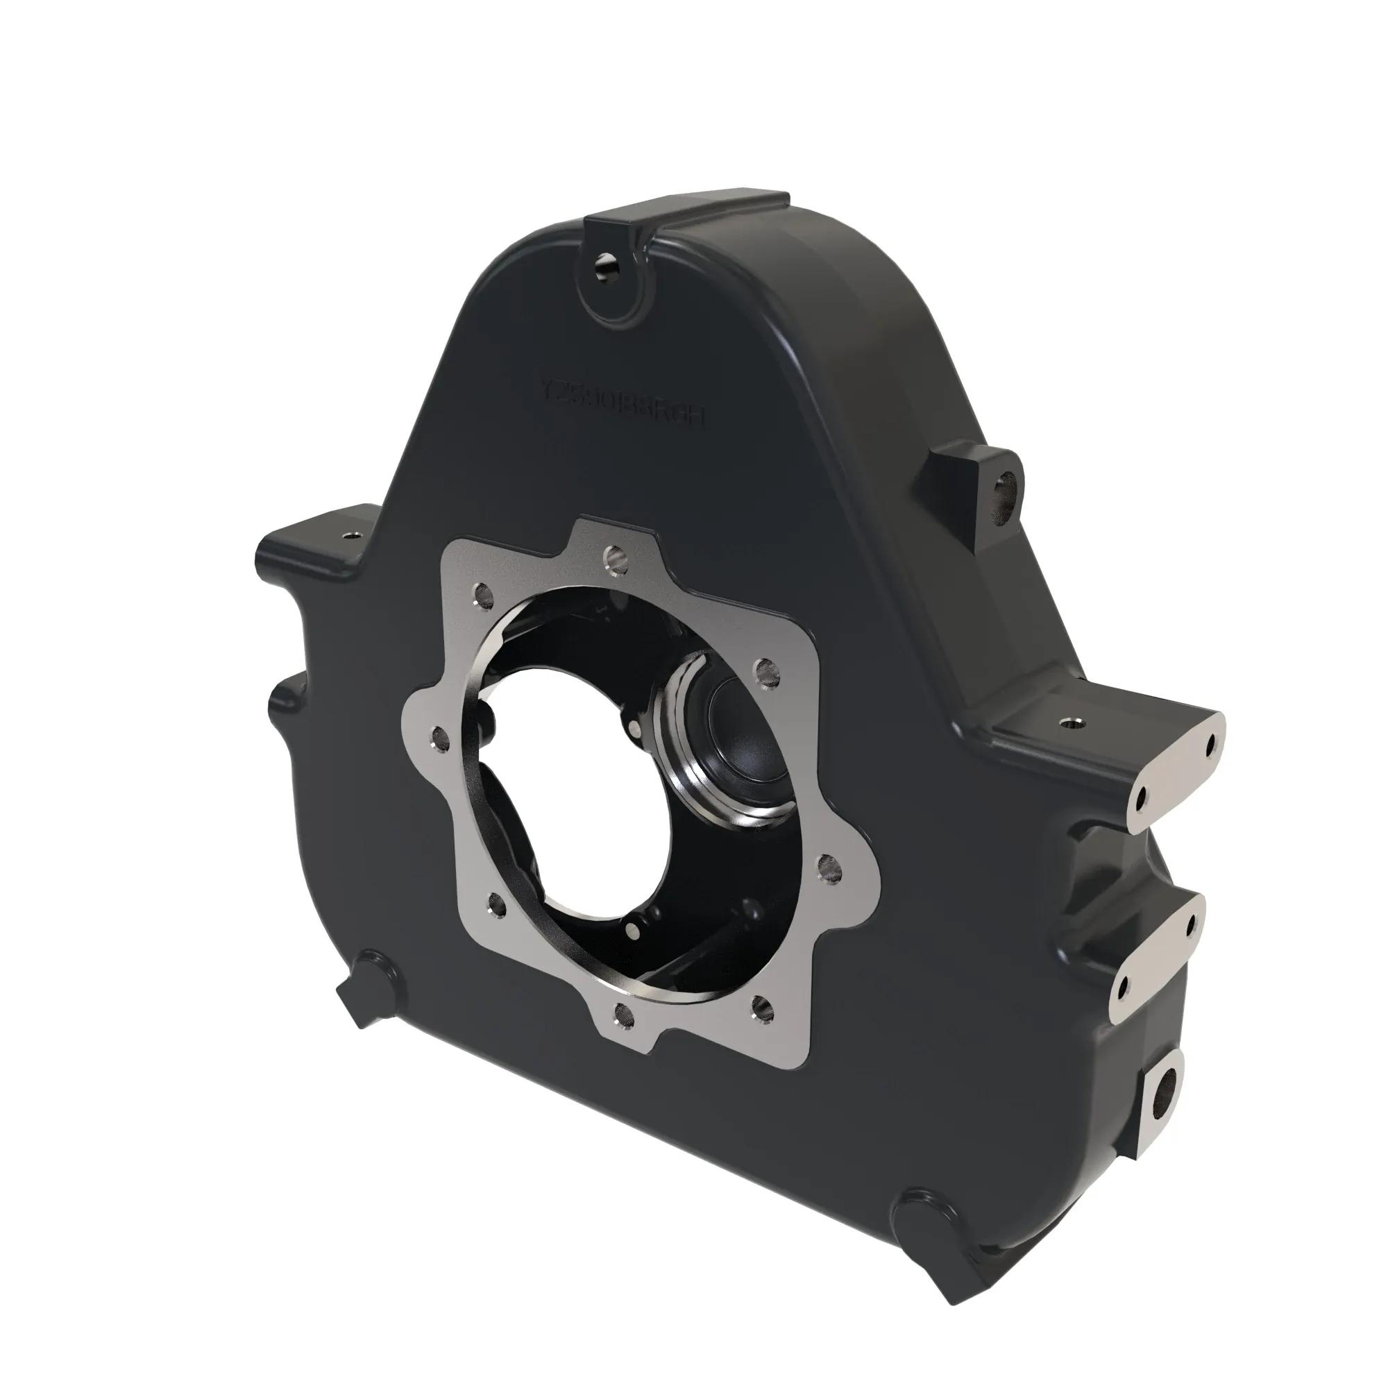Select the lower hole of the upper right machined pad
[x=1140, y=795]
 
